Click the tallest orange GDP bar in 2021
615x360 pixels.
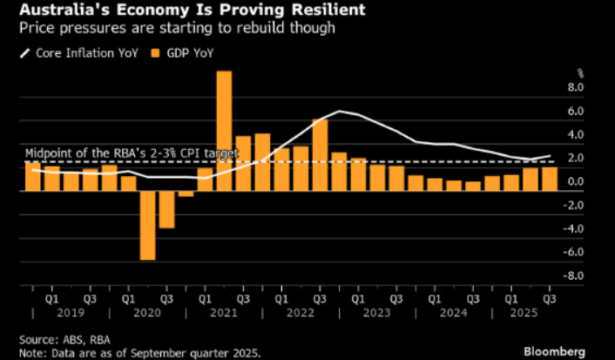[x=224, y=131]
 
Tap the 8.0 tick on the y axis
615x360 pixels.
[x=576, y=88]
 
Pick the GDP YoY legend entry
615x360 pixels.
[x=184, y=53]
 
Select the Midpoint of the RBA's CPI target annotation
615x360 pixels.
[x=131, y=153]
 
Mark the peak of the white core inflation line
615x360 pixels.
[x=339, y=112]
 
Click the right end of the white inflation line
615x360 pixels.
[x=550, y=156]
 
